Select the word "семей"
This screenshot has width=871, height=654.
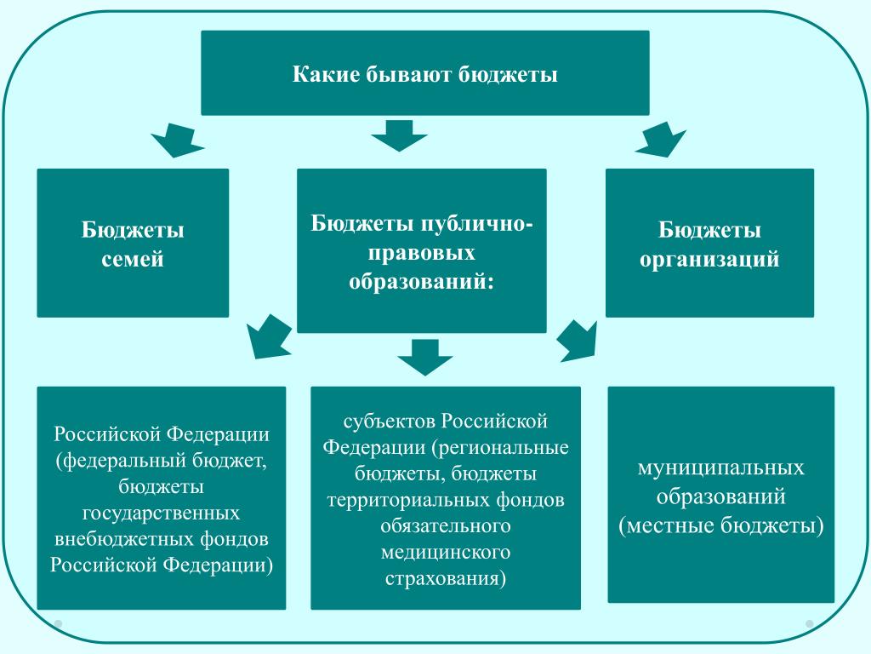(x=133, y=260)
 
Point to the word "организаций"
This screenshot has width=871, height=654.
(x=709, y=260)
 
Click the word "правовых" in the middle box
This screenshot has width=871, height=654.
(x=422, y=253)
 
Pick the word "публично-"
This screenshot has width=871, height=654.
(x=471, y=224)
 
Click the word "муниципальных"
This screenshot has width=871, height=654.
(x=720, y=468)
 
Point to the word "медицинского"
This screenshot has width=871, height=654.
(x=446, y=552)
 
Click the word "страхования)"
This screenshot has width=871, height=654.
(x=446, y=578)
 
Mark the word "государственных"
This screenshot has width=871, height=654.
(x=161, y=513)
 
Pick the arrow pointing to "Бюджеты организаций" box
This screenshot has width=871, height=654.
(x=661, y=141)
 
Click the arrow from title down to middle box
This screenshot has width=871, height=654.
(x=400, y=135)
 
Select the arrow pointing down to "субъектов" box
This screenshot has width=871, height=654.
(x=425, y=357)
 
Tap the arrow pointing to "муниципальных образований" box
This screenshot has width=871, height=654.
(x=578, y=341)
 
